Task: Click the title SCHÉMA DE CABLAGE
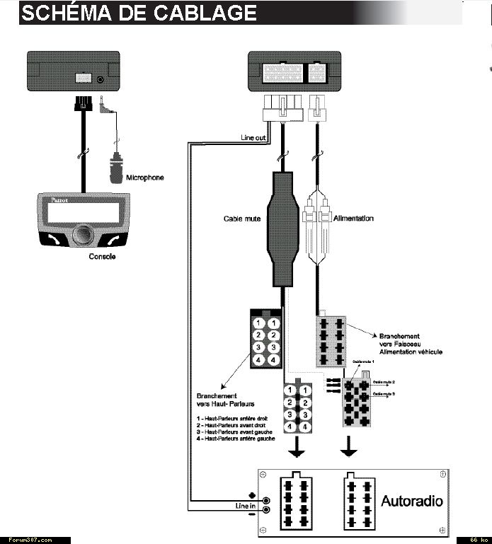(139, 13)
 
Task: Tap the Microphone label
(144, 178)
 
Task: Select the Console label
(102, 256)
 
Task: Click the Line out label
(253, 137)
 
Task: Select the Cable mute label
(242, 219)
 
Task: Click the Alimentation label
(353, 219)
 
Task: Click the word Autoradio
(412, 501)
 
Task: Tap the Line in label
(245, 506)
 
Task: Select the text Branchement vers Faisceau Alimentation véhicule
(410, 344)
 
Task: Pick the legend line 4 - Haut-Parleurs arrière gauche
(236, 439)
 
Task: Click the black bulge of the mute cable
(282, 226)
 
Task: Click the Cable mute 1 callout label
(363, 361)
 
